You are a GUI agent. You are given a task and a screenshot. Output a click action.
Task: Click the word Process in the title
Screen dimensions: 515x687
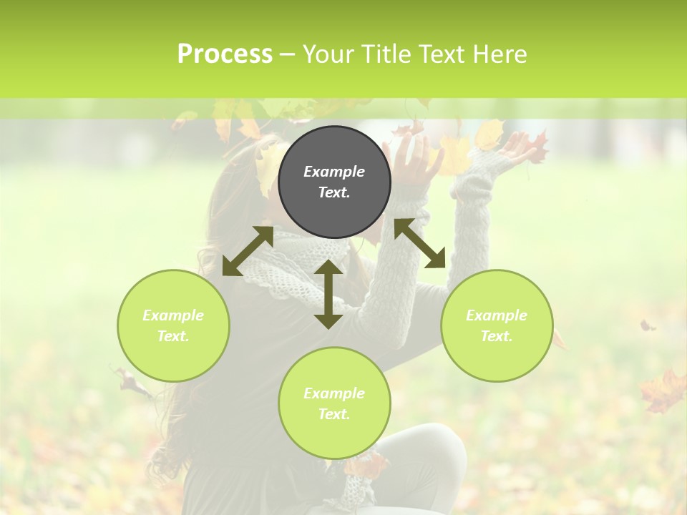[225, 54]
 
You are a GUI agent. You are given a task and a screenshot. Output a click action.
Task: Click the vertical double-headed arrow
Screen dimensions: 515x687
[328, 294]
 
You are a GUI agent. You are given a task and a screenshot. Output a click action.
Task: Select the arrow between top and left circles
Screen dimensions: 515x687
[248, 251]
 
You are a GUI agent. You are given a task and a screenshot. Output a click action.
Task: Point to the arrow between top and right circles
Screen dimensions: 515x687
[420, 243]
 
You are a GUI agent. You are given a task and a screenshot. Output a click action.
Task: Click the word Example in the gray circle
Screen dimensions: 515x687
[334, 172]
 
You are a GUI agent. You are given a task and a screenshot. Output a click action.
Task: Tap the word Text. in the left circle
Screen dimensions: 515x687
[173, 336]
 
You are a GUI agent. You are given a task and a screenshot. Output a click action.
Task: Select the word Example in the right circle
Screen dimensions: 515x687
[497, 315]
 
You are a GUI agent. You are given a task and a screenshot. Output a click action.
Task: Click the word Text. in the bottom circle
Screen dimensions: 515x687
[334, 414]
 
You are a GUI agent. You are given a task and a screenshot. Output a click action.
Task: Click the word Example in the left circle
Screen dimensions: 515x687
[173, 315]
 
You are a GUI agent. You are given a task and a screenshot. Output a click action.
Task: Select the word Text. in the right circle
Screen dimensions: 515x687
[497, 336]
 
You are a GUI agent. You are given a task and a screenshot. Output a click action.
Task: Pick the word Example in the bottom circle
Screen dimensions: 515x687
[334, 393]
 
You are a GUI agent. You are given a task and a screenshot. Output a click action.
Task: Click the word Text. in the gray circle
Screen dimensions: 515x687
[334, 192]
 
